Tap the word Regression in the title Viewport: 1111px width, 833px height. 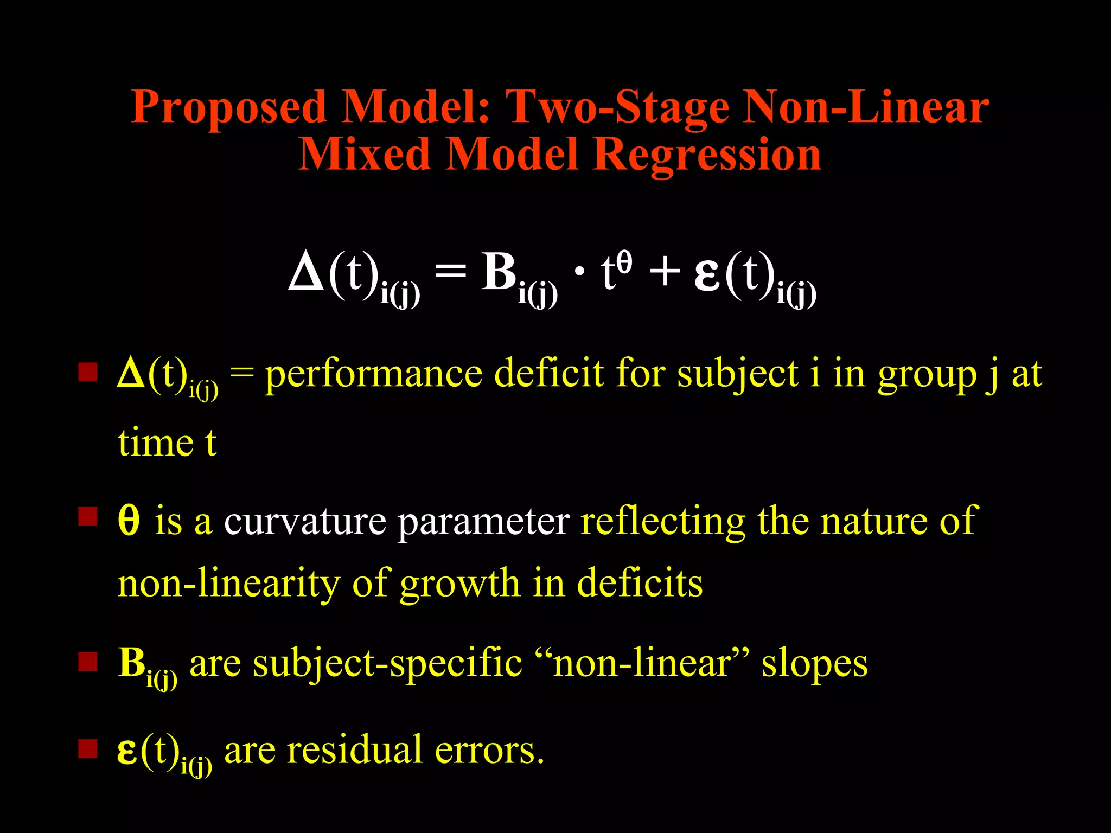707,155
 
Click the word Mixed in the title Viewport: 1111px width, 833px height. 365,155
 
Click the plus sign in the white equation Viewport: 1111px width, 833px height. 665,271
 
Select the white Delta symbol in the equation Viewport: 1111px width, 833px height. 307,271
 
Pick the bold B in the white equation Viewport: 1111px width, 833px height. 499,271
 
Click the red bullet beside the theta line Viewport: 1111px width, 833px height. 87,516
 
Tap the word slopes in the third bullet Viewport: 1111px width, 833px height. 814,664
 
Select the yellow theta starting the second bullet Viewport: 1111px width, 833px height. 129,521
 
